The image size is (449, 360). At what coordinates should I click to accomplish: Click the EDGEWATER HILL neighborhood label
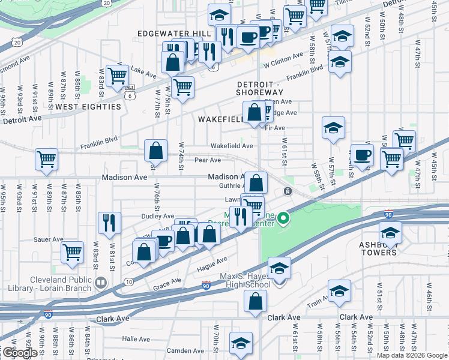[x=174, y=33]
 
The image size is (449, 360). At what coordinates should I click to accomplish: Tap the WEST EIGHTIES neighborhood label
[x=88, y=107]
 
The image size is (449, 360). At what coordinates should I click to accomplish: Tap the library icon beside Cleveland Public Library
[x=101, y=281]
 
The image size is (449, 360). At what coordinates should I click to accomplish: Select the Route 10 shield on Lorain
[x=128, y=281]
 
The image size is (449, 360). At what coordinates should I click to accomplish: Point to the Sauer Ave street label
[x=49, y=239]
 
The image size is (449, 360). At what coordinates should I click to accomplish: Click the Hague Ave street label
[x=213, y=263]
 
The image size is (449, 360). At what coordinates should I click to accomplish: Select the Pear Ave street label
[x=208, y=160]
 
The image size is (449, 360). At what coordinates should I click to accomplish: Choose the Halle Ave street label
[x=136, y=338]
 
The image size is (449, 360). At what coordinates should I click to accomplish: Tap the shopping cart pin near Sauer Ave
[x=73, y=252]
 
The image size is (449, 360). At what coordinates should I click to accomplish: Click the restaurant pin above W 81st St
[x=109, y=223]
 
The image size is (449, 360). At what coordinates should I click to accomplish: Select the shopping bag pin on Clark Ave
[x=255, y=302]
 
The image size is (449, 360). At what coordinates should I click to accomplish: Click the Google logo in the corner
[x=19, y=353]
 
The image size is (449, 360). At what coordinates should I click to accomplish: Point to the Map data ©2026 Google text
[x=411, y=355]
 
